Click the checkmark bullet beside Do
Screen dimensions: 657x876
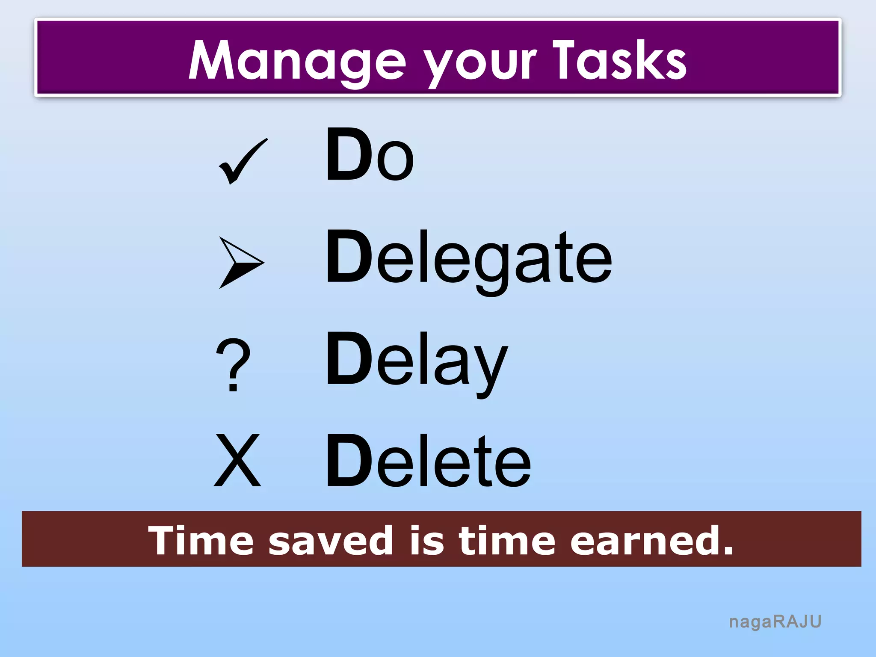pyautogui.click(x=243, y=162)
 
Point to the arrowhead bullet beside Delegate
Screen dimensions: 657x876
pyautogui.click(x=241, y=262)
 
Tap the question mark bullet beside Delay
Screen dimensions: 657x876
pyautogui.click(x=233, y=365)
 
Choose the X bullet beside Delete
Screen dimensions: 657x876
pyautogui.click(x=237, y=460)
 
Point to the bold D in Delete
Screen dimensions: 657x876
pyautogui.click(x=349, y=460)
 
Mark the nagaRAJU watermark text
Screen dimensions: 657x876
pyautogui.click(x=775, y=622)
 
